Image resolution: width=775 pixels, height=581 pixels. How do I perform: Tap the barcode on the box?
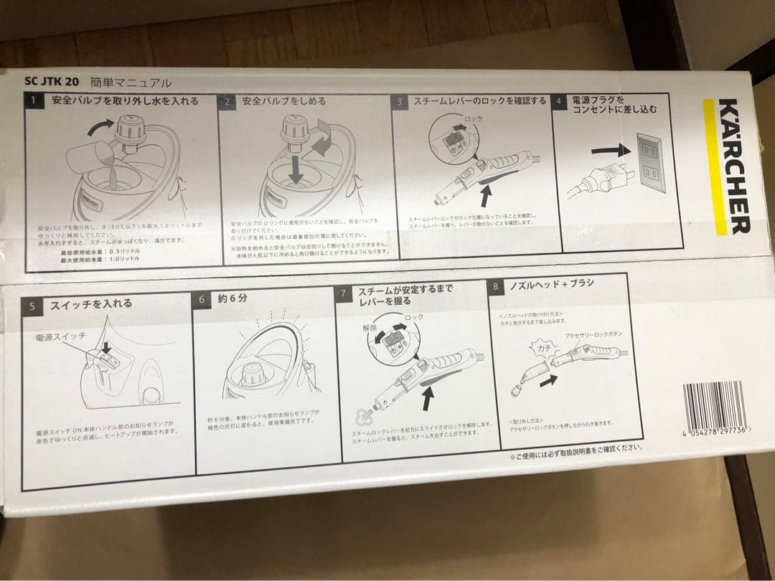tap(716, 406)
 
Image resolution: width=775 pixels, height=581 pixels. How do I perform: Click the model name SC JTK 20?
tap(51, 82)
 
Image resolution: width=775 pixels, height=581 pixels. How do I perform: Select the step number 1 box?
tap(33, 102)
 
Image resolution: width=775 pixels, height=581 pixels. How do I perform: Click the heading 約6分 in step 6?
tap(232, 298)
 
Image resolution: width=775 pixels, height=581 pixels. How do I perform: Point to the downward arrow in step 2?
tap(295, 170)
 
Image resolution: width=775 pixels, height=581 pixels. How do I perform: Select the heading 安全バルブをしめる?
tap(283, 101)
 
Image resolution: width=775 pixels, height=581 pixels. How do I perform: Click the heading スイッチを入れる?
tap(91, 304)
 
